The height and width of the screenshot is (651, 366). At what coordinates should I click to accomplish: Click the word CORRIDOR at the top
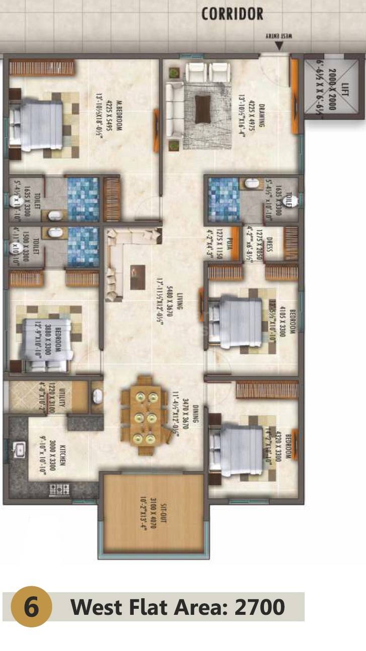232,14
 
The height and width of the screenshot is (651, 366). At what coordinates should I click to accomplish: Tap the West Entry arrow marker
279,46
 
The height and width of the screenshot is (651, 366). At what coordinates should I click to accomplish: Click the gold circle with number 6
31,607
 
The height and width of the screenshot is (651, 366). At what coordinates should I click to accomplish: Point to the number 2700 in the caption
259,607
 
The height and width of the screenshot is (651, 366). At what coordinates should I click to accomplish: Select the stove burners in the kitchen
60,488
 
